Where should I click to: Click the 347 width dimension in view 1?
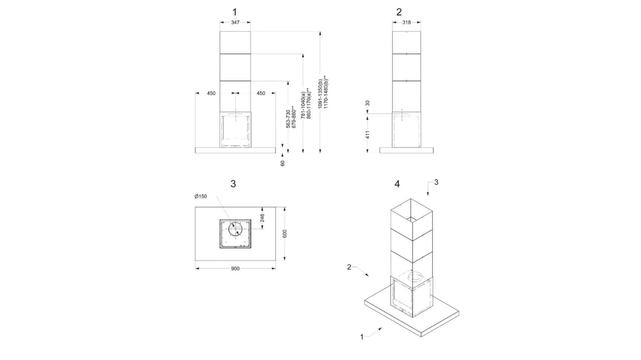pos(235,22)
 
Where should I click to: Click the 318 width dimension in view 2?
pos(406,22)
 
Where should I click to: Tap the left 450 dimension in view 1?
pos(211,93)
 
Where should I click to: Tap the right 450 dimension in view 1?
pos(261,93)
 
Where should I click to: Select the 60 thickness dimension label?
pos(282,163)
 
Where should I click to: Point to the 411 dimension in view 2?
pos(368,134)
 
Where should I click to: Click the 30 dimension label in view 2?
pos(368,103)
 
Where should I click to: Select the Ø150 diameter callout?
pos(201,196)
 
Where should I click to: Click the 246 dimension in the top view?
pos(262,218)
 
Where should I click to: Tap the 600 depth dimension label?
pos(285,234)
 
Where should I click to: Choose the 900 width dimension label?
pos(235,269)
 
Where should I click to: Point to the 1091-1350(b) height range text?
pos(320,93)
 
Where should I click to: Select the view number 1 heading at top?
pos(234,12)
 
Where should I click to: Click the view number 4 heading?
pos(397,184)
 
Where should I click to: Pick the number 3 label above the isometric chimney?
pos(436,182)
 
